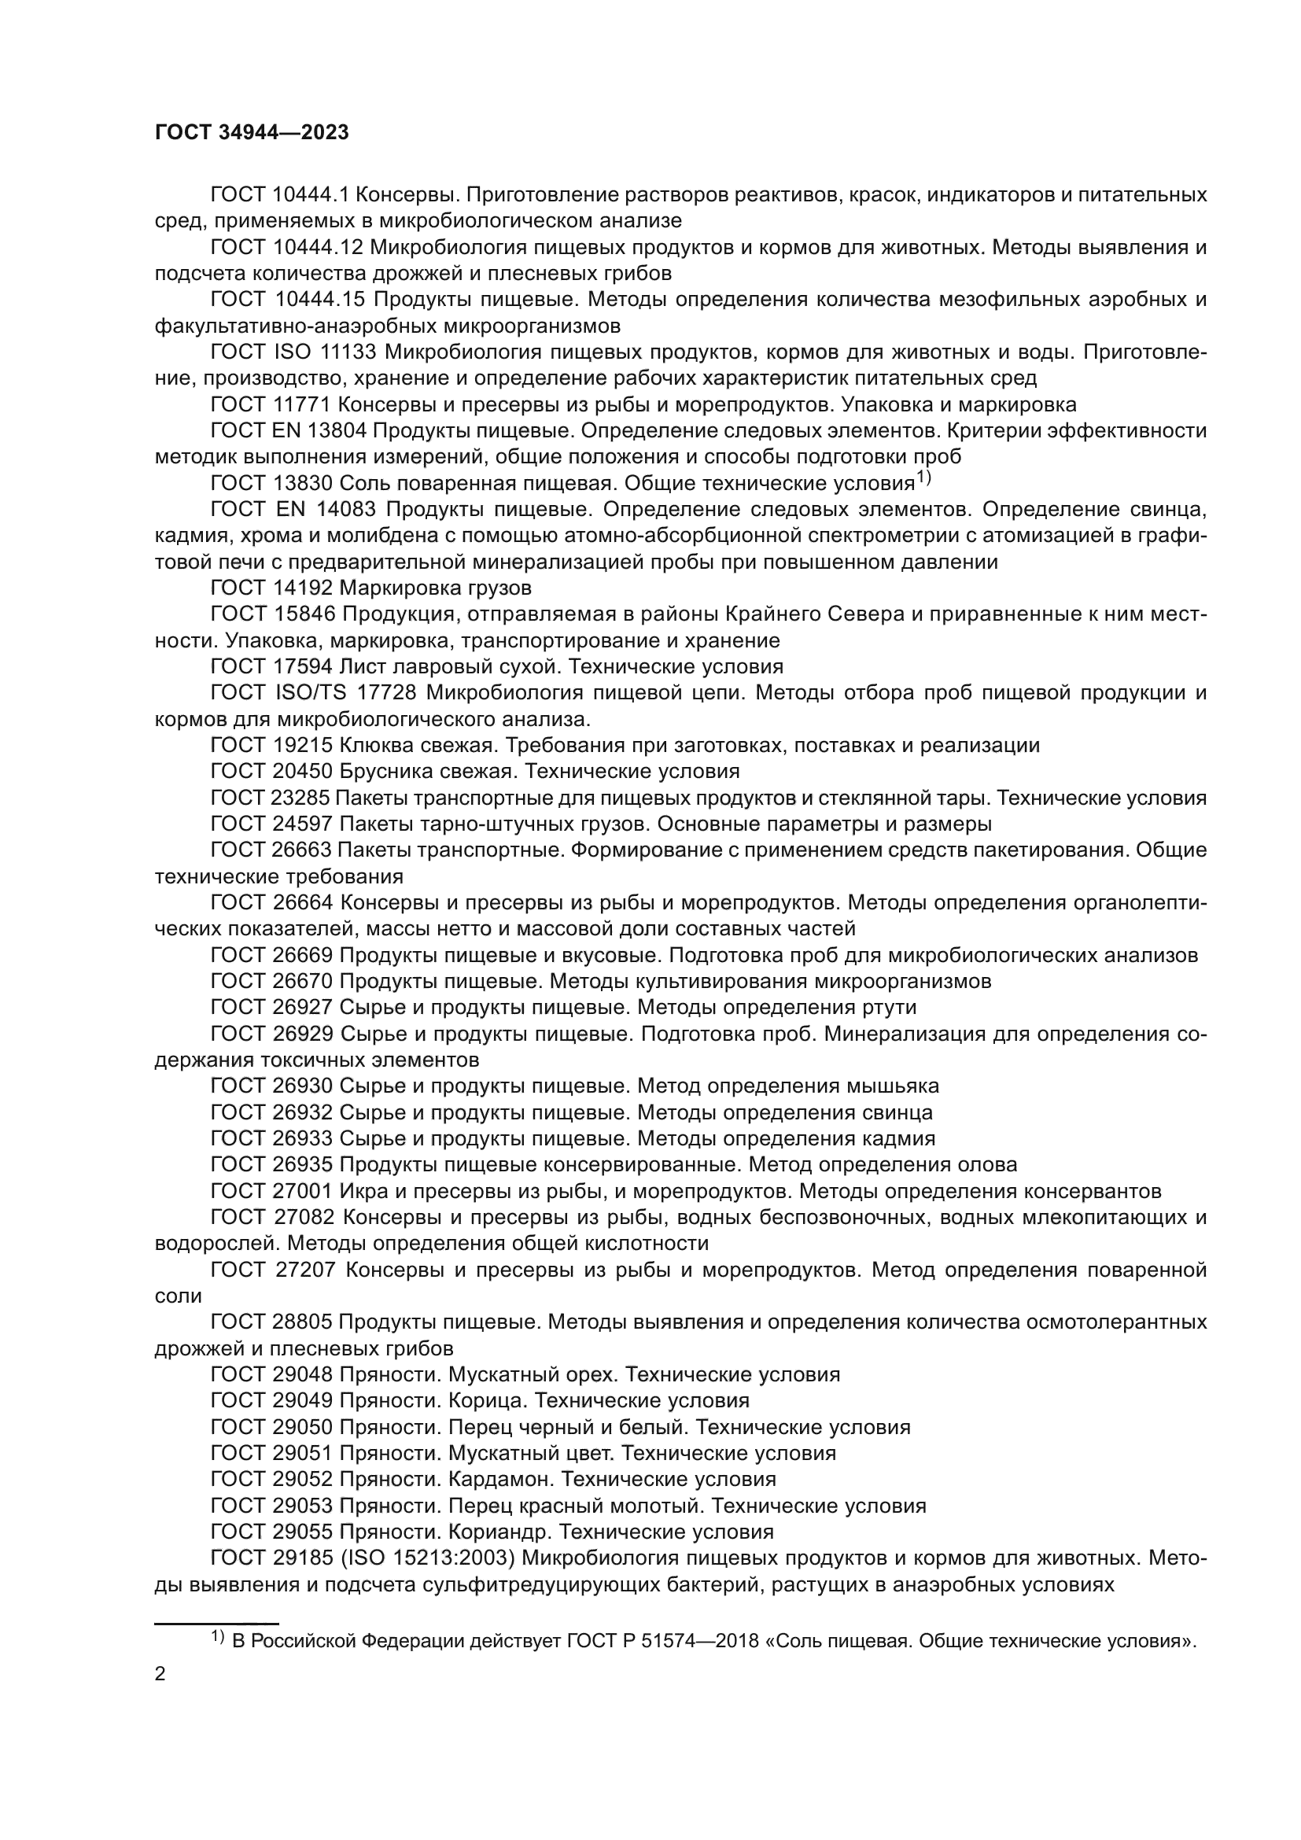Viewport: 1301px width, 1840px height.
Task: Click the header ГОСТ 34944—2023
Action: [252, 133]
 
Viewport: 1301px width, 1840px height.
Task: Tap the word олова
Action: [987, 1164]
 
